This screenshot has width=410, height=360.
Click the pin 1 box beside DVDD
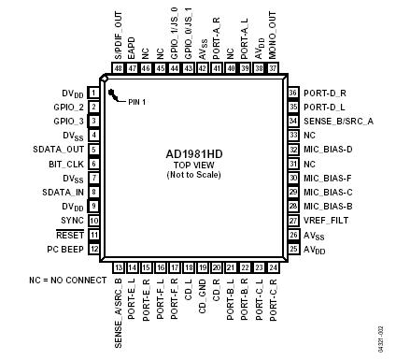tap(94, 94)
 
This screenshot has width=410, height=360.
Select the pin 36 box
tap(293, 94)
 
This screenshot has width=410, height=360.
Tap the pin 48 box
tap(119, 68)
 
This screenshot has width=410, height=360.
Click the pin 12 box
tap(94, 249)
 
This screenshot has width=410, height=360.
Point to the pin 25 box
tap(293, 249)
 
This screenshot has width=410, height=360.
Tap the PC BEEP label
tap(65, 249)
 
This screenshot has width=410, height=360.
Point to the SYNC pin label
tap(72, 220)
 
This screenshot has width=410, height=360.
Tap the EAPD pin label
tap(132, 48)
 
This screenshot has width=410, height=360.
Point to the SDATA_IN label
tap(64, 192)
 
